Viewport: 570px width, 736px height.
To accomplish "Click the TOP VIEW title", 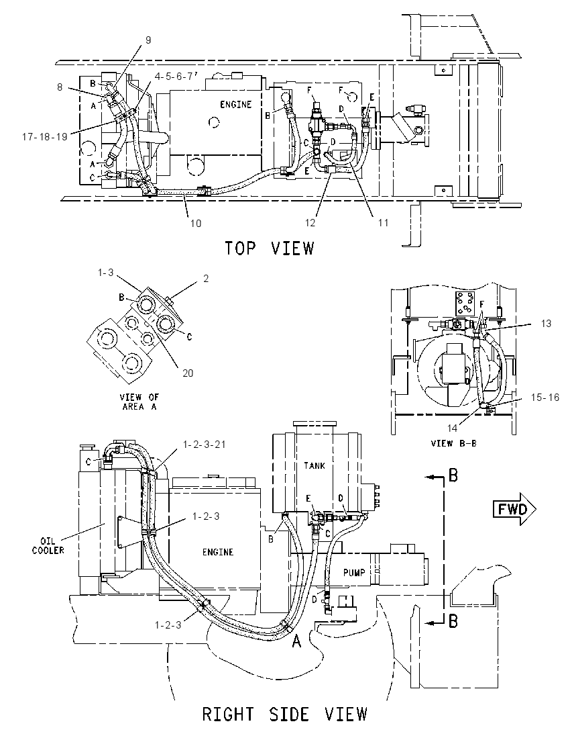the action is (269, 248).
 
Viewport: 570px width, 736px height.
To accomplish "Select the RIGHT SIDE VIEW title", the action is (284, 714).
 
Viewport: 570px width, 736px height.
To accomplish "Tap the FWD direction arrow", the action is (514, 509).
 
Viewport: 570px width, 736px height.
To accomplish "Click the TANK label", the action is (314, 465).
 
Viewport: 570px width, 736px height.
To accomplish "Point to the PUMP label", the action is (354, 572).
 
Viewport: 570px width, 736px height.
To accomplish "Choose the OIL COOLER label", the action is (48, 545).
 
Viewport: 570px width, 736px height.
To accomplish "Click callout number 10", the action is (195, 224).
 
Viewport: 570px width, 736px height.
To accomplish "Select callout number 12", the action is (310, 223).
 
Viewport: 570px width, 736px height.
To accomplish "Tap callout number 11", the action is (384, 222).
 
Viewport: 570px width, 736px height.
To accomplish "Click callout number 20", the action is (188, 373).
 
